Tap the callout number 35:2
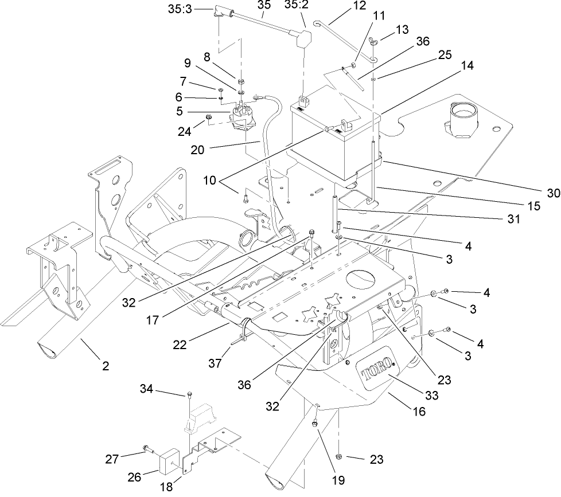pos(296,6)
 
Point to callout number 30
pos(553,193)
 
